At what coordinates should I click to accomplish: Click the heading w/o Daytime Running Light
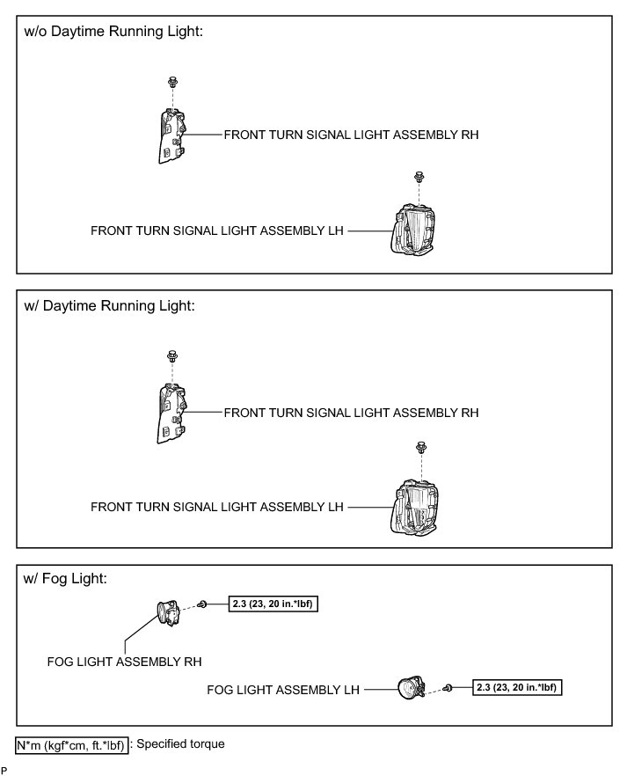coord(115,32)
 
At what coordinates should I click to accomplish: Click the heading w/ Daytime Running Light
coord(111,306)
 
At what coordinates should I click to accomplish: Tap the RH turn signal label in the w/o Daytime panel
coord(351,135)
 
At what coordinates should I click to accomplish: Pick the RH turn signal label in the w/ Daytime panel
coord(351,412)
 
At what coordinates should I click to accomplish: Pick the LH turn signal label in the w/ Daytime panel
coord(217,507)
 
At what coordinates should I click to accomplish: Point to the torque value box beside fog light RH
coord(273,604)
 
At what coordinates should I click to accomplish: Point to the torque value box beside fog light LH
coord(517,687)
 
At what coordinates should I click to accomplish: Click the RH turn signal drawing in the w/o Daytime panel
coord(171,135)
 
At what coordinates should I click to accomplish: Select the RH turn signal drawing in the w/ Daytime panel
coord(171,411)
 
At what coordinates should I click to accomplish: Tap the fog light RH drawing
coord(168,612)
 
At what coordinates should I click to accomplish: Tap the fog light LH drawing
coord(410,691)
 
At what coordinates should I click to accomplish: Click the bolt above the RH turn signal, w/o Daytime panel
coord(172,83)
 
